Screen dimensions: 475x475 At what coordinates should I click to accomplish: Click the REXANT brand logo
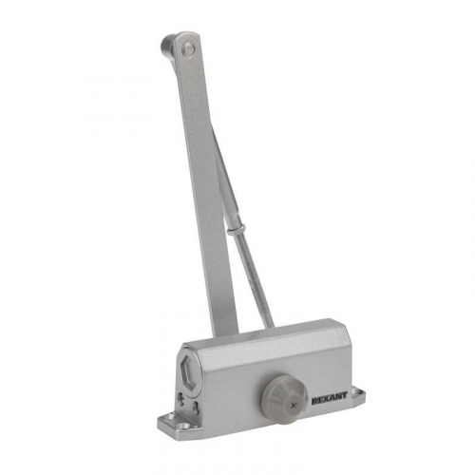point(330,398)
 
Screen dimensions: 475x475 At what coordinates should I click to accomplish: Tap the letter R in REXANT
point(314,401)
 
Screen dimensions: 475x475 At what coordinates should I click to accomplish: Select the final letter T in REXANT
point(345,396)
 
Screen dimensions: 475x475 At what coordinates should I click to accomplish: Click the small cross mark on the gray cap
point(294,405)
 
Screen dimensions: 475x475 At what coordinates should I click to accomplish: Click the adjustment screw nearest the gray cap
point(197,408)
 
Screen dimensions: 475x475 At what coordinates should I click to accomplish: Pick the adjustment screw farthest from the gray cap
point(181,399)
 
